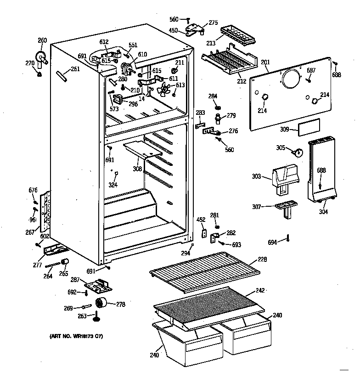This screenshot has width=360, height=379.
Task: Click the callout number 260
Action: click(42, 40)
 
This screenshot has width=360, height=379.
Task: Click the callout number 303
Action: click(256, 176)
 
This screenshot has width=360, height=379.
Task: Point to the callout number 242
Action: click(260, 290)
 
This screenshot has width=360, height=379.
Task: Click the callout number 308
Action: click(137, 169)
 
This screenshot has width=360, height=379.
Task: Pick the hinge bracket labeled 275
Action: click(196, 29)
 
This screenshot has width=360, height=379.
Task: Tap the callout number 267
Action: click(30, 232)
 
